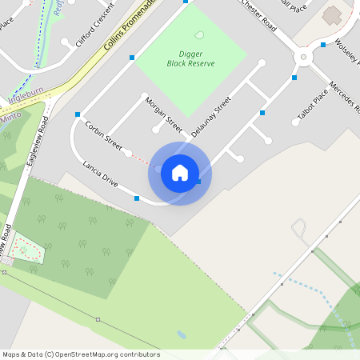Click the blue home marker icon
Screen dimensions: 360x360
click(x=180, y=173)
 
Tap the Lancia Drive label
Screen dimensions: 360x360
click(x=101, y=174)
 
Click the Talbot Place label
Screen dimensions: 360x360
click(x=313, y=105)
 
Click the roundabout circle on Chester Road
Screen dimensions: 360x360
click(x=303, y=57)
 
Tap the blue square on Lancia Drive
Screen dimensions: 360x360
click(x=137, y=198)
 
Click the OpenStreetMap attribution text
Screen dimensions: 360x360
click(x=80, y=354)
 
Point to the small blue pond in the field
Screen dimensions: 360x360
click(x=182, y=334)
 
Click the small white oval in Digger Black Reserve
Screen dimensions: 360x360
click(x=198, y=34)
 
